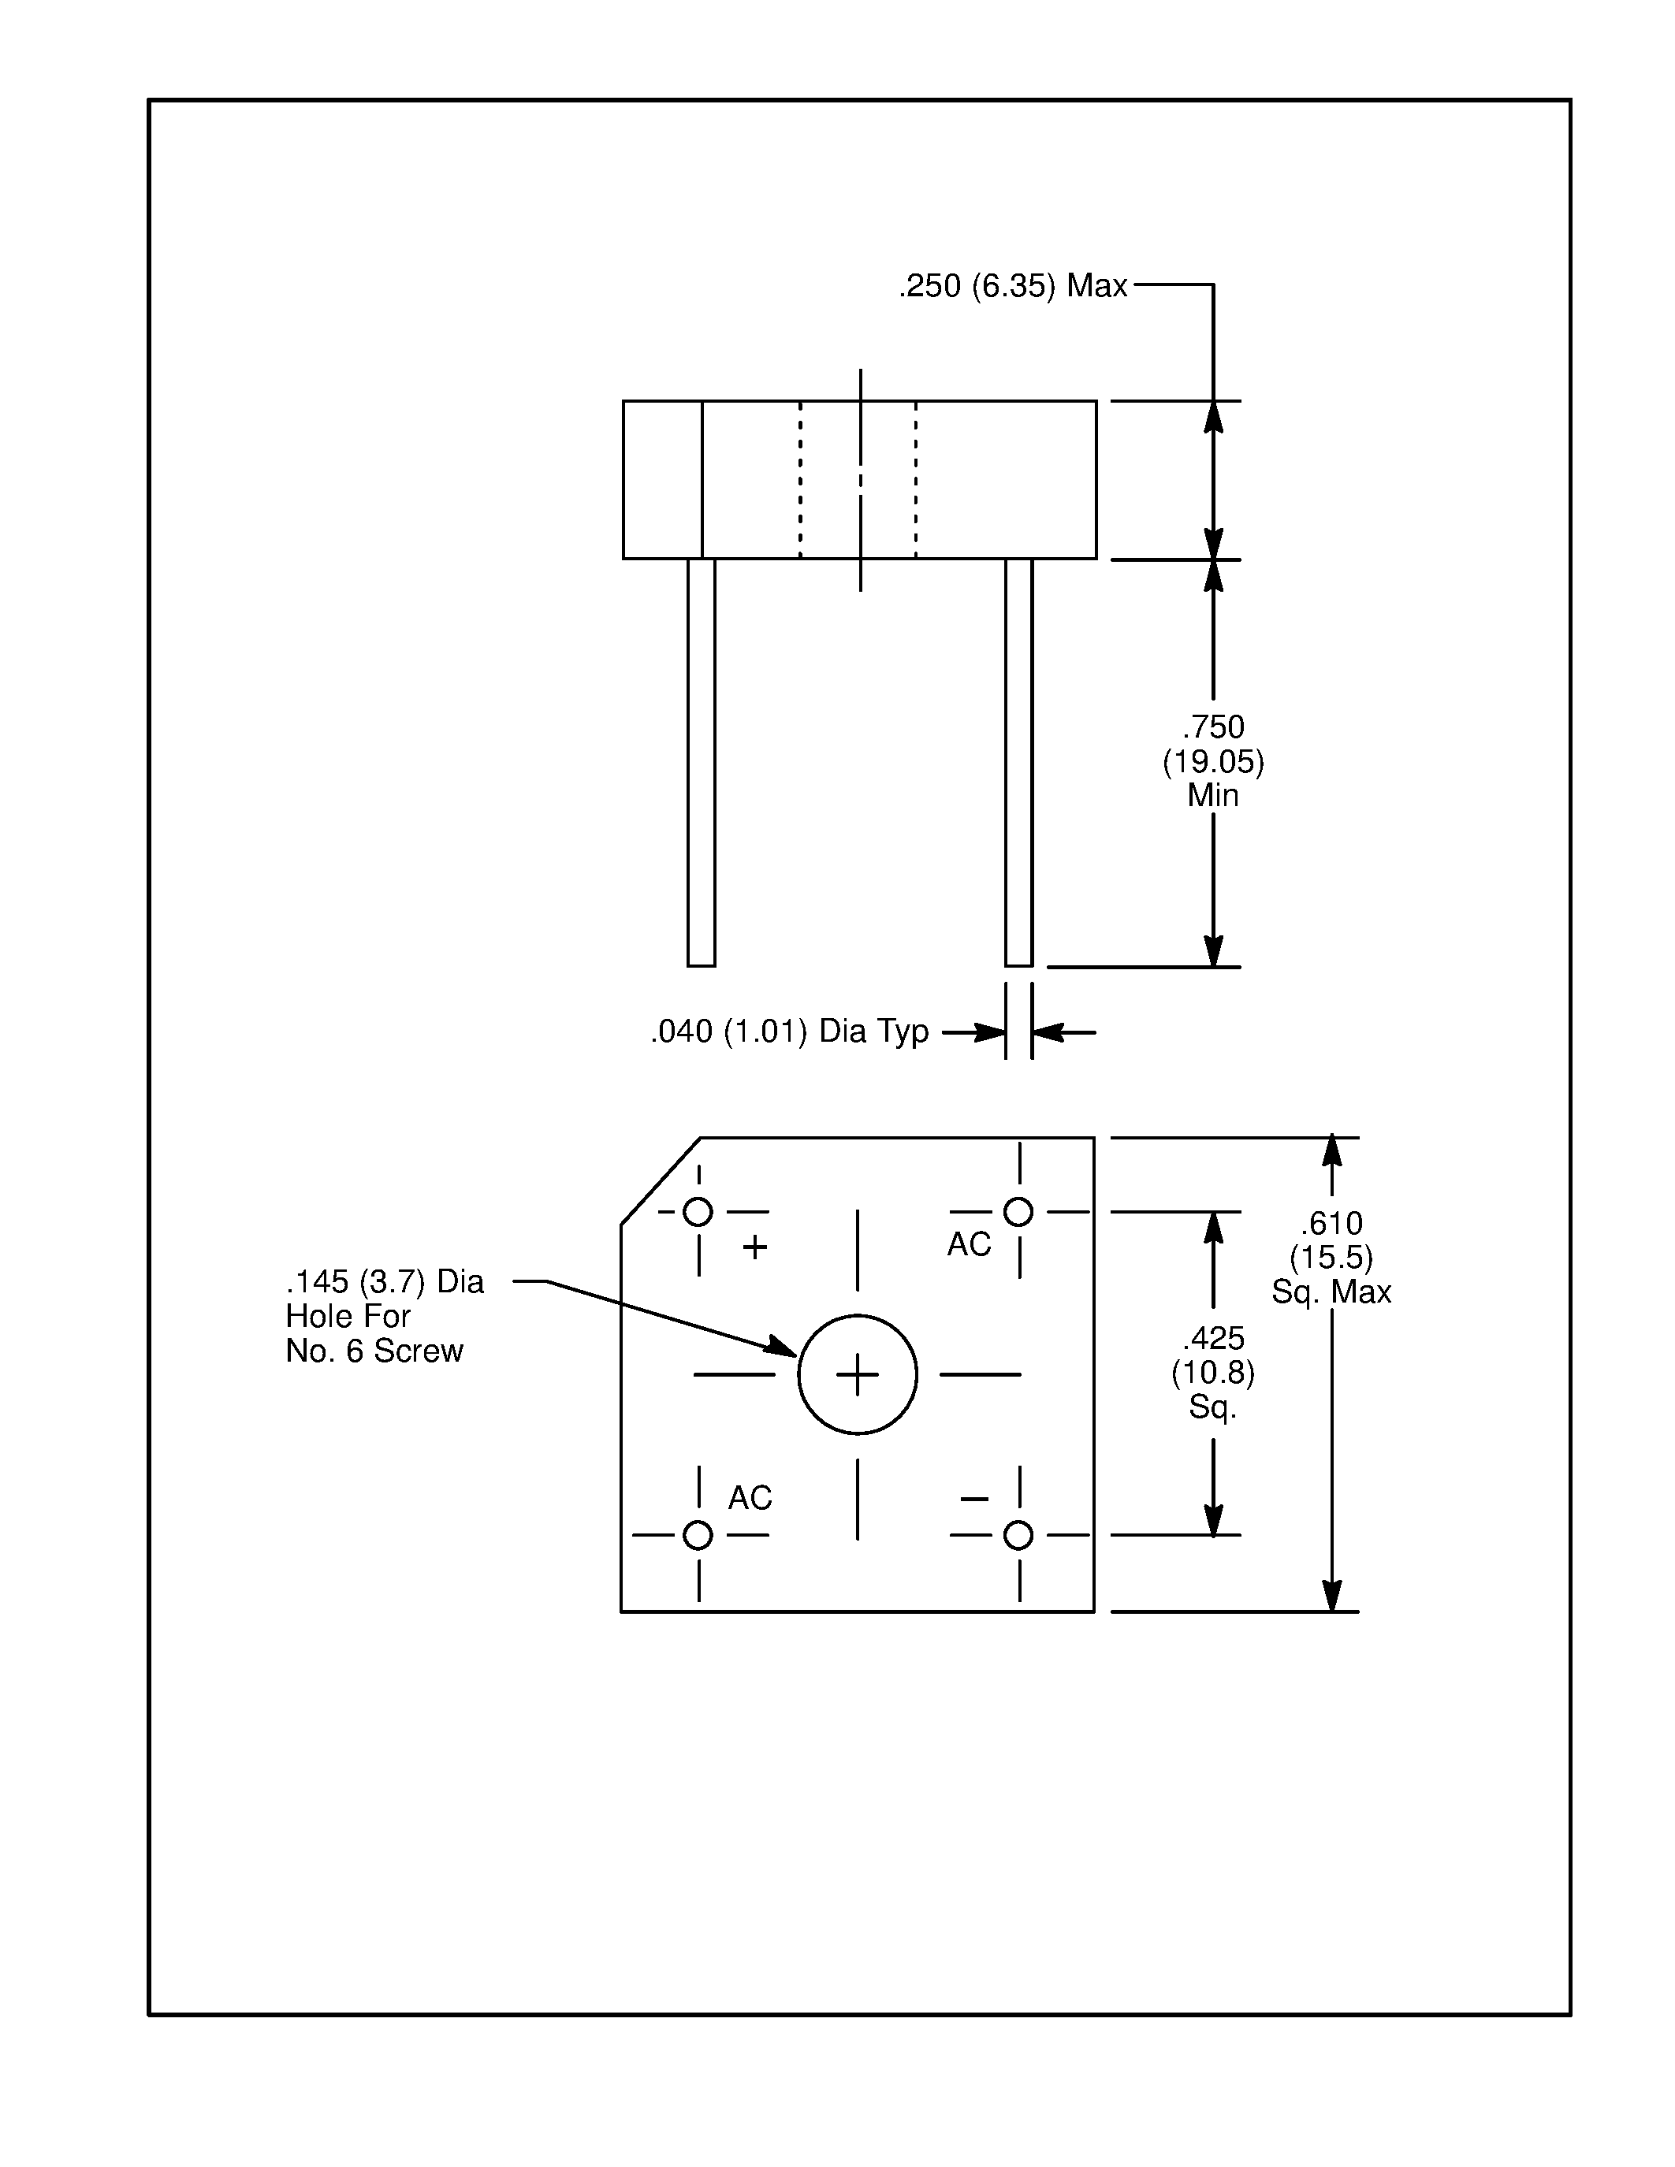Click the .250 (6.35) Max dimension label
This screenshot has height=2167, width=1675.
[x=1013, y=286]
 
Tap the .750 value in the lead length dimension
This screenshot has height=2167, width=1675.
[x=1212, y=727]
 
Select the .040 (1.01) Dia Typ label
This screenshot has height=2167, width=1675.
[x=789, y=1032]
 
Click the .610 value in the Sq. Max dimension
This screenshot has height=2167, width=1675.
[x=1331, y=1224]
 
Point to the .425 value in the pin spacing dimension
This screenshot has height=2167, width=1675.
[x=1212, y=1339]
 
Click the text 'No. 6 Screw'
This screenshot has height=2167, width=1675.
[x=374, y=1351]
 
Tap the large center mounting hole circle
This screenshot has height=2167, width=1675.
[x=858, y=1375]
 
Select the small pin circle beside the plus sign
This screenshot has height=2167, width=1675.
[x=698, y=1211]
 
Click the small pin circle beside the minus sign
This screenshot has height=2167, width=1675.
[x=1018, y=1535]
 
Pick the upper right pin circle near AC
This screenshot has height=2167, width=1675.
[x=1018, y=1211]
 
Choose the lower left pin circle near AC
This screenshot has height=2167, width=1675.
[x=698, y=1535]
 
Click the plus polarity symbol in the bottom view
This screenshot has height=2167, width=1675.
[x=755, y=1247]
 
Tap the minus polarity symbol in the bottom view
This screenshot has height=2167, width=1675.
[x=974, y=1498]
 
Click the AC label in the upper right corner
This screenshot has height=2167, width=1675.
[x=969, y=1244]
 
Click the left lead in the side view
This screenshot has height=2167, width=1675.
[x=702, y=762]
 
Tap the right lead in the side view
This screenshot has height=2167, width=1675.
[x=1018, y=762]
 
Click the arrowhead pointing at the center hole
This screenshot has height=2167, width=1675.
[x=781, y=1347]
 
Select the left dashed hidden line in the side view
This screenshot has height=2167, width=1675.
[x=801, y=479]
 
